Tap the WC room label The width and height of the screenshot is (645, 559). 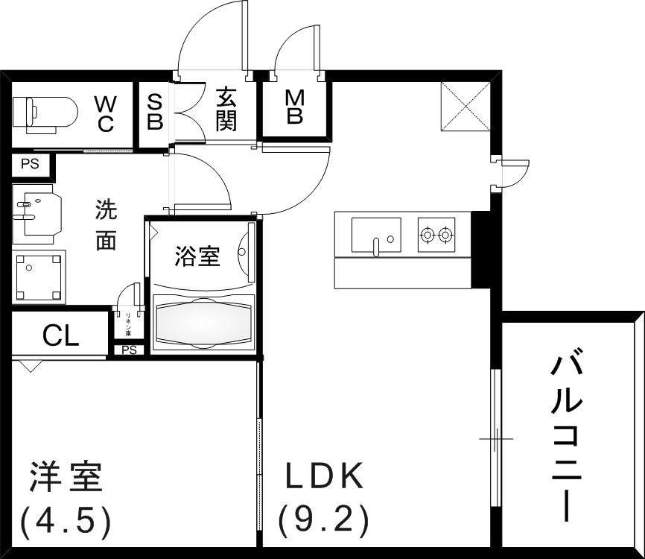click(105, 113)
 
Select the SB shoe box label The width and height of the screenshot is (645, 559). click(155, 112)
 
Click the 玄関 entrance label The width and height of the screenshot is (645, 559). click(226, 110)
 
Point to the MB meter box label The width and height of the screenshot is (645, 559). click(295, 107)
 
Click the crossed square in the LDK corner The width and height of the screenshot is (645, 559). click(466, 104)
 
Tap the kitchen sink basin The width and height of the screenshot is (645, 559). click(376, 235)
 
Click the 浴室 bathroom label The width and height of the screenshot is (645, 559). click(197, 257)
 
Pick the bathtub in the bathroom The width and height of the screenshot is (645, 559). click(203, 323)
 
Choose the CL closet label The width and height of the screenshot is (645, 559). click(61, 336)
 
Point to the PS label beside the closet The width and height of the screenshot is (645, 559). click(129, 350)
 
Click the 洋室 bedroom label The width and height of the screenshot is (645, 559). click(66, 478)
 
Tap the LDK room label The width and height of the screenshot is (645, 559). click(325, 476)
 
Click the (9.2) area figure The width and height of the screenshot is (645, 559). click(324, 521)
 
